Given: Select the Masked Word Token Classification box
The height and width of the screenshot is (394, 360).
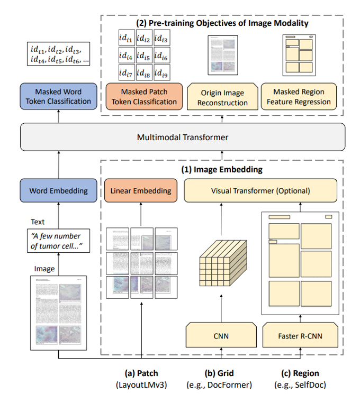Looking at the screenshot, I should click(x=58, y=96).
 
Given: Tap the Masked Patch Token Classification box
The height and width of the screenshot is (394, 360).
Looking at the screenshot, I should click(x=145, y=96).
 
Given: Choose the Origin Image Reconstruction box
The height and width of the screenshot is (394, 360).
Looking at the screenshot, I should click(x=222, y=97).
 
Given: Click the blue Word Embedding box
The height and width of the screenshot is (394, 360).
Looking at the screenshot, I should click(x=58, y=190).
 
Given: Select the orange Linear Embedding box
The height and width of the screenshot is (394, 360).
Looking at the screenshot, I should click(x=140, y=190).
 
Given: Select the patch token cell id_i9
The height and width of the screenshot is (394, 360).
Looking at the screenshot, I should click(x=165, y=74).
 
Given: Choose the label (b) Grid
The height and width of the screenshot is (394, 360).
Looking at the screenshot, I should click(x=220, y=373).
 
